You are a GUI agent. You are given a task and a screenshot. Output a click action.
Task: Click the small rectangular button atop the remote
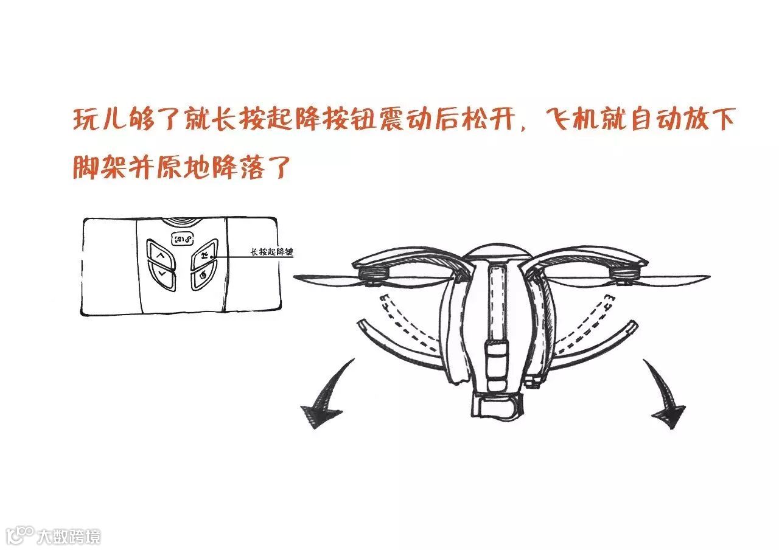click(x=182, y=238)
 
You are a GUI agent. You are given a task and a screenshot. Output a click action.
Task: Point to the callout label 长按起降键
click(x=271, y=251)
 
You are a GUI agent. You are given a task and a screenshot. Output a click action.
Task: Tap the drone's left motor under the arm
click(x=372, y=277)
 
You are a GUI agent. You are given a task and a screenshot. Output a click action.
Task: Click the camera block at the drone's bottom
click(x=497, y=406)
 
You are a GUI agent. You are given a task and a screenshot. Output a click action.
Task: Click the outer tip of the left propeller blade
click(x=298, y=279)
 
